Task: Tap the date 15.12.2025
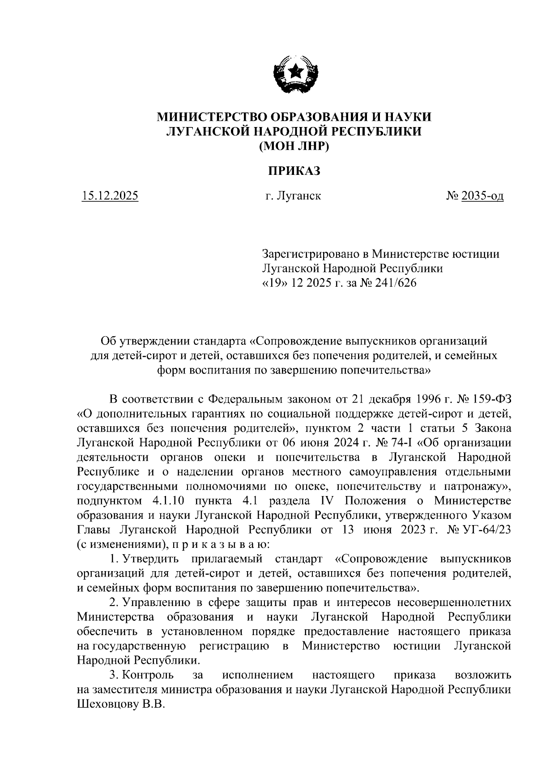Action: click(110, 196)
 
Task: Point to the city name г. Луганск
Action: click(293, 196)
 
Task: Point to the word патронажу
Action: click(474, 486)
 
